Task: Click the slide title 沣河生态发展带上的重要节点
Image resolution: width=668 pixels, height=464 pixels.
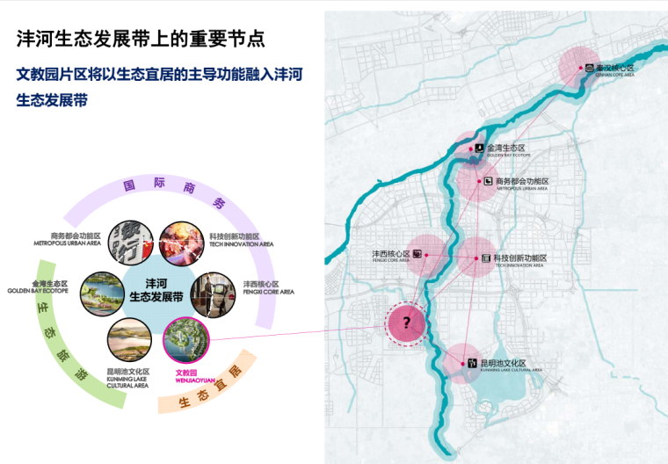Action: [141, 39]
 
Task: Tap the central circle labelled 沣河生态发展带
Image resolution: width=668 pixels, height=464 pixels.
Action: [156, 290]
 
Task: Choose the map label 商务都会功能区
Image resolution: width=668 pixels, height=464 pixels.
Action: [522, 181]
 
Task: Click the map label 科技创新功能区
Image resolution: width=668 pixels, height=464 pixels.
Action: [519, 258]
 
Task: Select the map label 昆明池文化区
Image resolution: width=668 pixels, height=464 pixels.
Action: [503, 363]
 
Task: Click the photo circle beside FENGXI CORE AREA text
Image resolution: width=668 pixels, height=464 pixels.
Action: [213, 292]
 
